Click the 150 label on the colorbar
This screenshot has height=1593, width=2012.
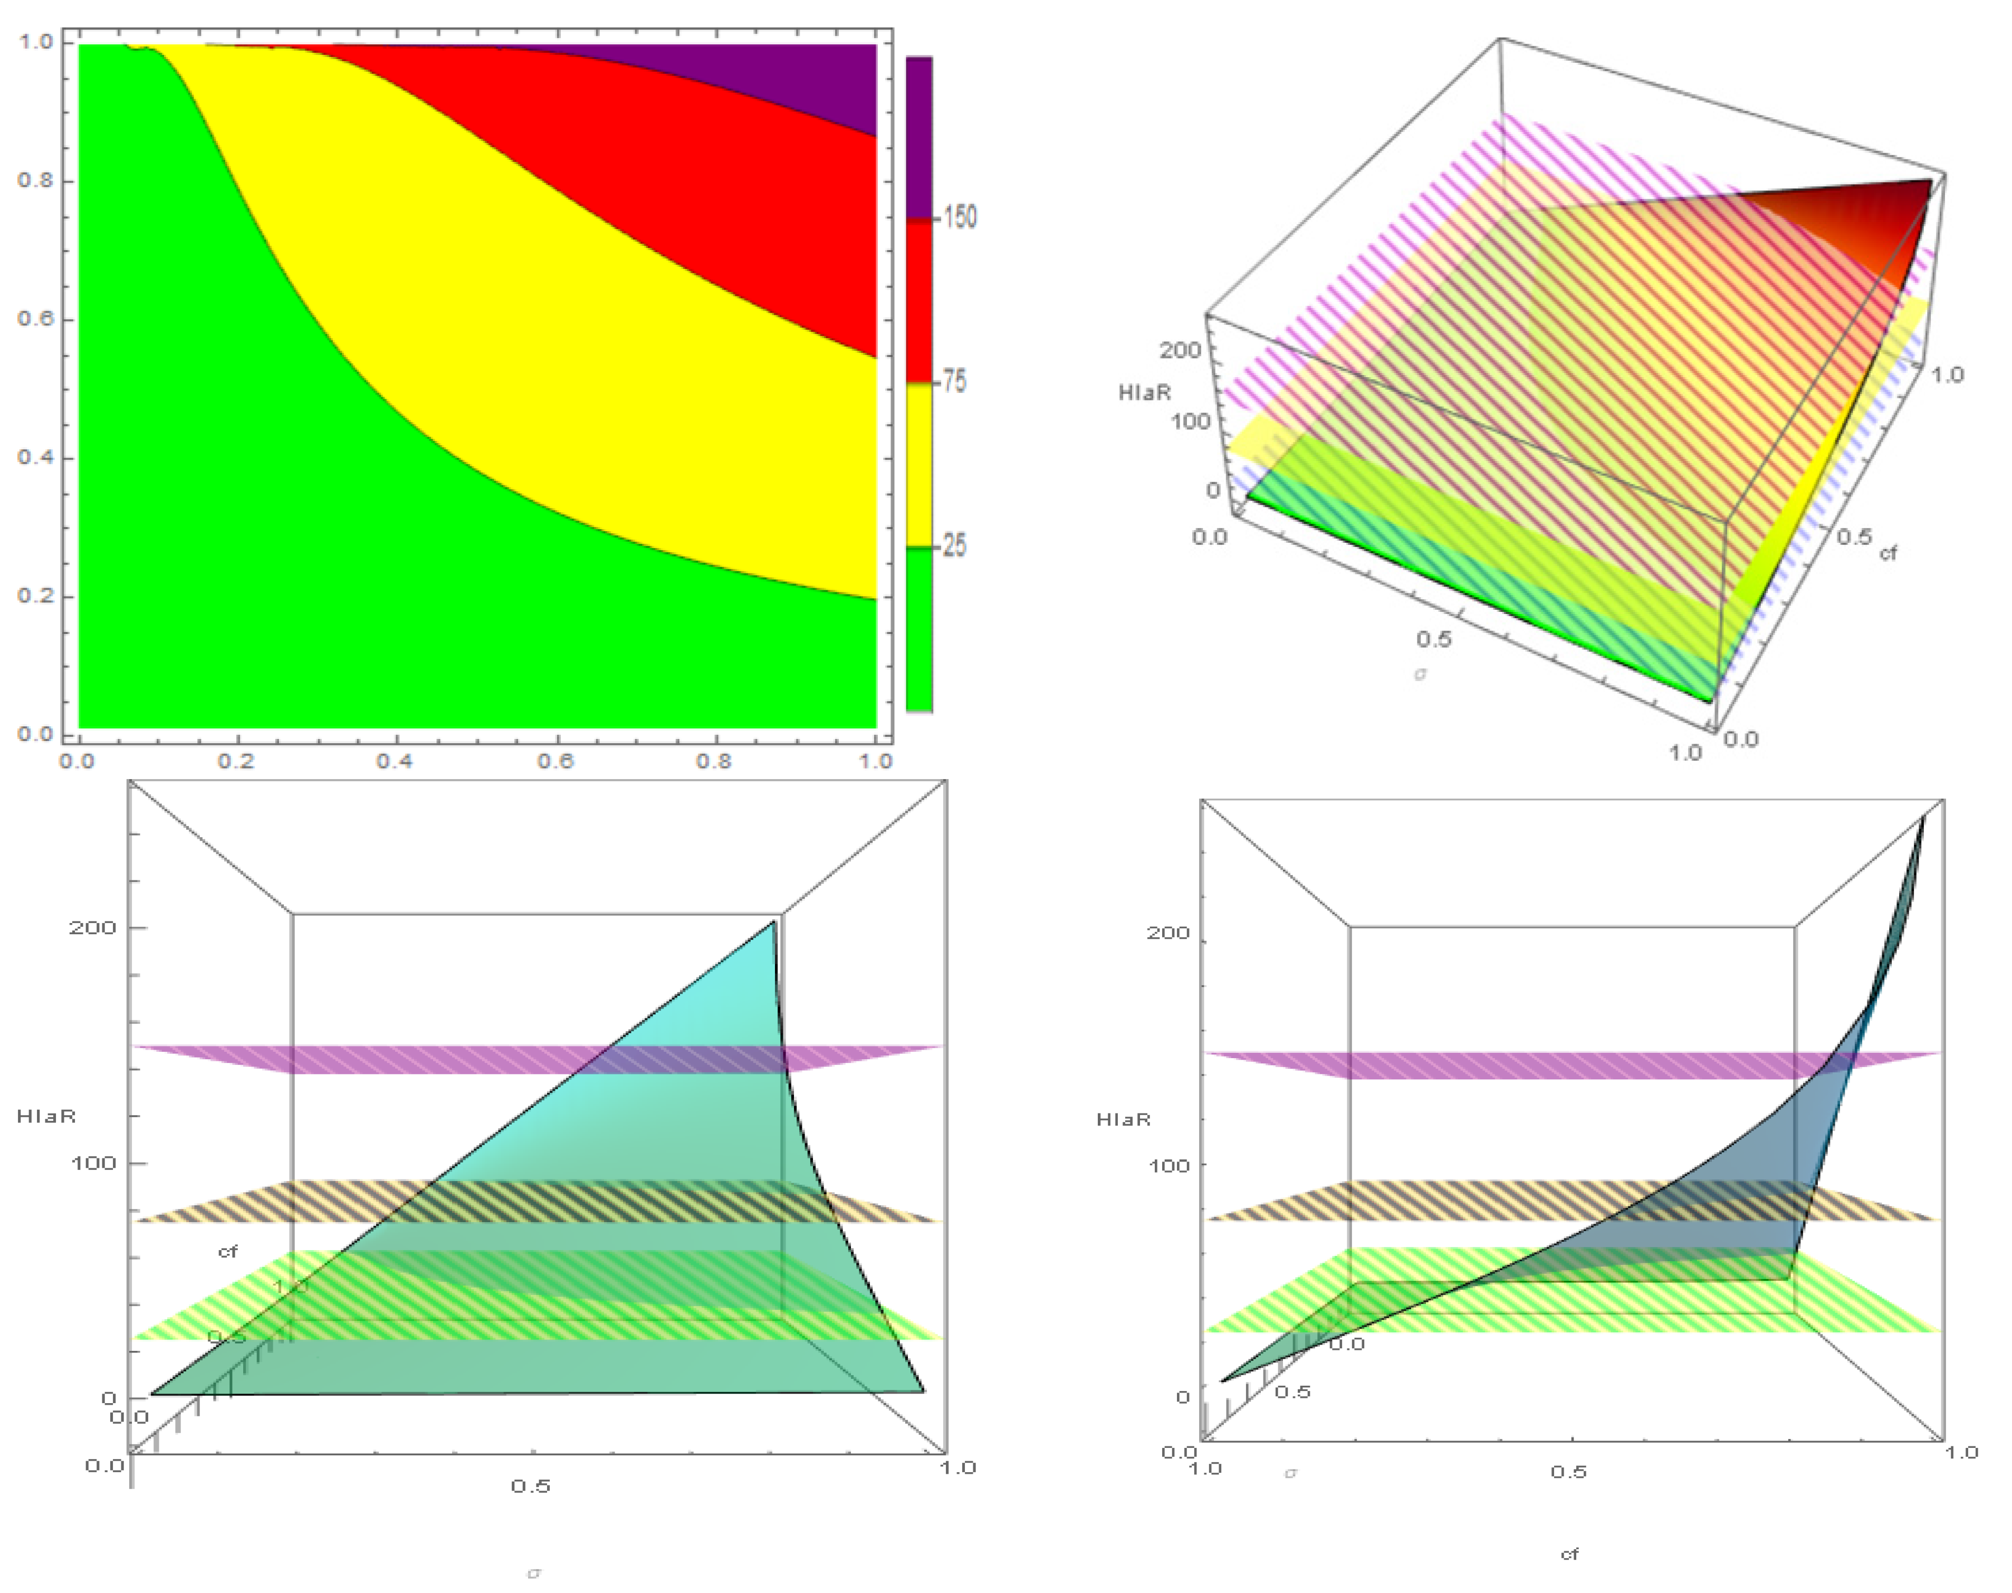point(960,217)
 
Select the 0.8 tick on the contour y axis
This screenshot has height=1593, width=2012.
point(35,180)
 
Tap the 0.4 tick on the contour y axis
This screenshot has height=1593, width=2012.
point(35,457)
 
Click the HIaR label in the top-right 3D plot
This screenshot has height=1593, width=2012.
point(1145,392)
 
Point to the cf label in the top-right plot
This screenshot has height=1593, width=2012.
point(1888,553)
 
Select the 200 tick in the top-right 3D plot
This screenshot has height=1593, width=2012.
point(1180,351)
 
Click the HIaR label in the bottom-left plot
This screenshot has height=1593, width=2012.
point(46,1116)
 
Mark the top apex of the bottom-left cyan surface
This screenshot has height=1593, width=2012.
point(773,923)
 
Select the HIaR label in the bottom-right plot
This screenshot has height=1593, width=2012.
point(1123,1119)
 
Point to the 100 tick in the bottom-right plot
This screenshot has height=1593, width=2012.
point(1168,1165)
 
